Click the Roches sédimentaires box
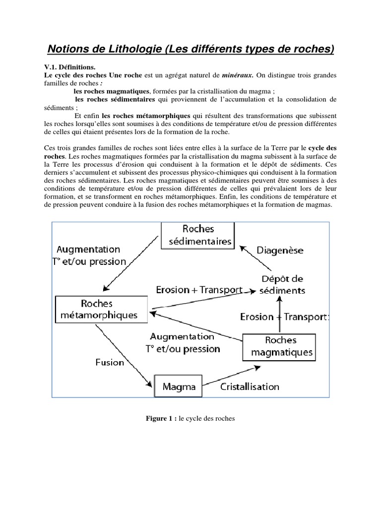tap(198, 235)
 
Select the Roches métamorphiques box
tap(101, 309)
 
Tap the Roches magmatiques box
tap(281, 346)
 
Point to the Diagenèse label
tap(280, 251)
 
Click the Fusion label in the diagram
tap(110, 362)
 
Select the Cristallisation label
tap(250, 386)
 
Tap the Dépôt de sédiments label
tap(283, 284)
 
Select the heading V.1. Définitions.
tap(67, 66)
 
